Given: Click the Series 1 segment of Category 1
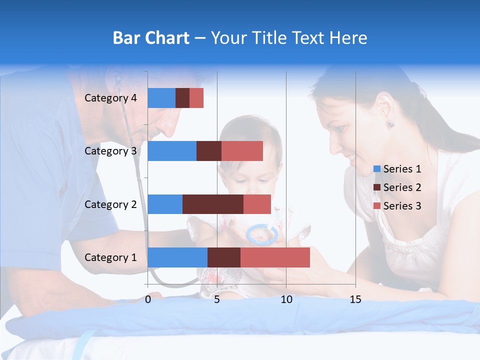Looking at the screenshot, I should click(177, 257).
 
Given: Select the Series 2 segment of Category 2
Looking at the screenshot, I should click(213, 204).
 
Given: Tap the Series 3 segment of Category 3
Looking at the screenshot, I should click(242, 151).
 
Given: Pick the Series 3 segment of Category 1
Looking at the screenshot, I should click(275, 257).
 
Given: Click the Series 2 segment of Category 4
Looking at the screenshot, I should click(182, 98).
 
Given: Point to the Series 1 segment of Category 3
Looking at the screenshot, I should click(172, 151).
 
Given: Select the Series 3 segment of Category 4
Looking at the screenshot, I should click(196, 98).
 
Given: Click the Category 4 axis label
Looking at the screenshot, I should click(110, 98).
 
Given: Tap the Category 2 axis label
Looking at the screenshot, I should click(110, 204).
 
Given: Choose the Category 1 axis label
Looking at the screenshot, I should click(110, 257).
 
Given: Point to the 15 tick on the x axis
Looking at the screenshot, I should click(355, 299).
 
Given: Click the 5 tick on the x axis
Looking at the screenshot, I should click(217, 299).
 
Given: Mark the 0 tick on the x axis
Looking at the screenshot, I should click(148, 299).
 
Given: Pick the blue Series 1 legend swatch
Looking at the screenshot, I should click(377, 169).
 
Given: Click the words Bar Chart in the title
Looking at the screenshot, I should click(151, 38).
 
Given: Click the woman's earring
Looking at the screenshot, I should click(390, 124).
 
